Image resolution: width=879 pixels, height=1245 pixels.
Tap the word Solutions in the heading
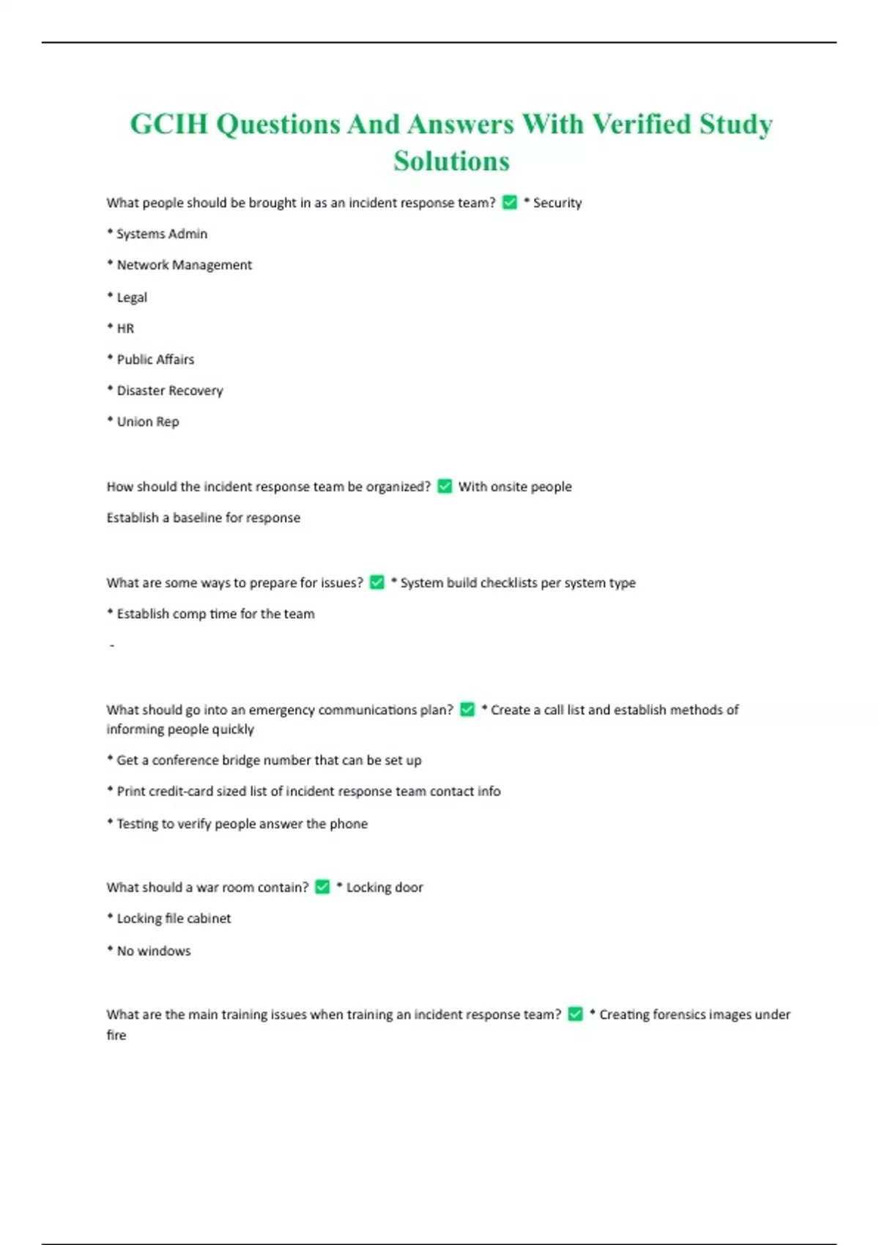point(451,161)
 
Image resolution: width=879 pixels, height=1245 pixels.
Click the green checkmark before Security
point(510,202)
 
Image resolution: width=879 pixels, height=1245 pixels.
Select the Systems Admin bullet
point(157,234)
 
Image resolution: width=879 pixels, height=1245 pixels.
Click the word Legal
point(132,297)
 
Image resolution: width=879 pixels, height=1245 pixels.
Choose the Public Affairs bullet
point(151,360)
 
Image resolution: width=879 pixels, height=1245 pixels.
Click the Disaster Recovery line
point(166,390)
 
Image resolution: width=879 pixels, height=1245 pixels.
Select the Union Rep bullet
point(144,422)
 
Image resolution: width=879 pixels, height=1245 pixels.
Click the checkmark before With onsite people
point(445,486)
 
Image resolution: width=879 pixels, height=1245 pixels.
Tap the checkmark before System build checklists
point(377,582)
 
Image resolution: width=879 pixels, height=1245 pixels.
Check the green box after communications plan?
point(467,709)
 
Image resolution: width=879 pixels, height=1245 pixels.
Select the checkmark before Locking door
point(322,887)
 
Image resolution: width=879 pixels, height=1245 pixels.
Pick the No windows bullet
point(149,951)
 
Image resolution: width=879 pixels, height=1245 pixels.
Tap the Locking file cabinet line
point(169,918)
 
